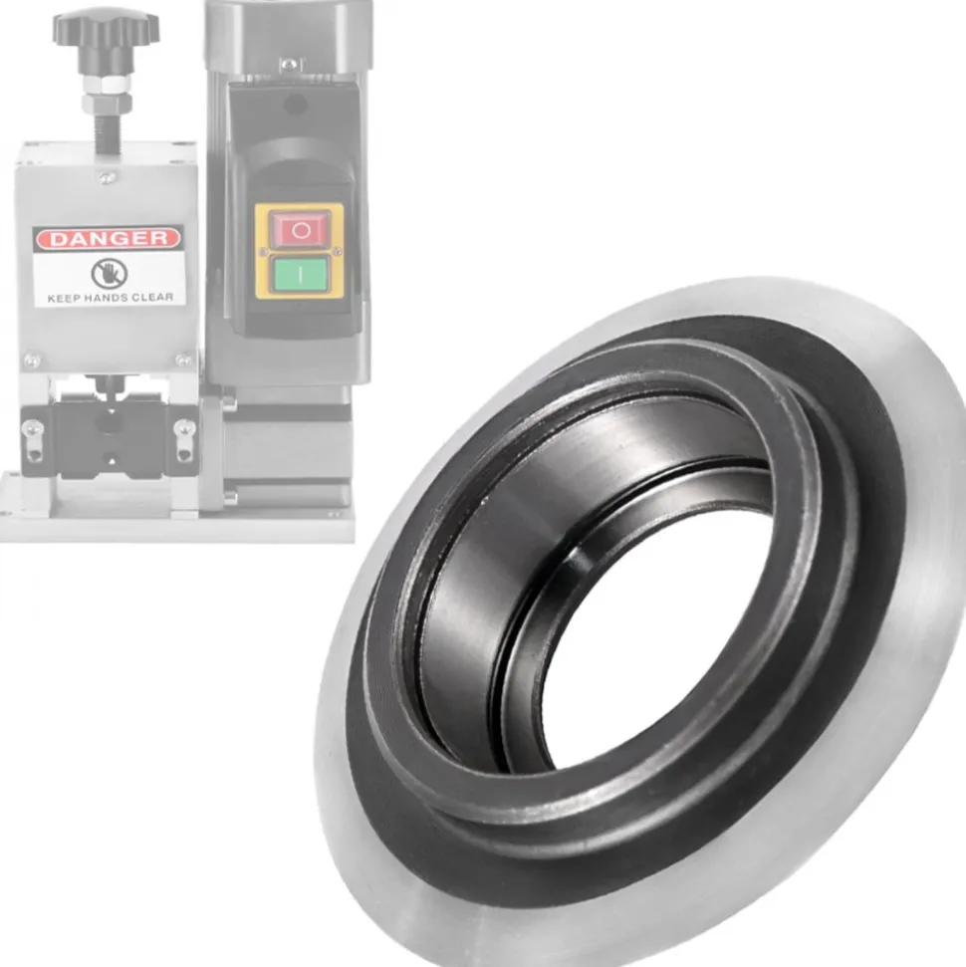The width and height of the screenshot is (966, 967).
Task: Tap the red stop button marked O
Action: (x=301, y=229)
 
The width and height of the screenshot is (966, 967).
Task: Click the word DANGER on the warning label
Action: (x=109, y=238)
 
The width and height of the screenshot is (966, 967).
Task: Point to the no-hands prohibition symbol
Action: (x=110, y=273)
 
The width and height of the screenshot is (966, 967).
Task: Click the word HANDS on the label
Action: (x=107, y=298)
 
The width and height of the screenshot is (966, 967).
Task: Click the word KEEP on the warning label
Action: (x=64, y=299)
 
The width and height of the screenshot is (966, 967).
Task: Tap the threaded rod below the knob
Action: (x=108, y=132)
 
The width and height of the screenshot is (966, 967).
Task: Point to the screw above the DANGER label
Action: (x=107, y=177)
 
